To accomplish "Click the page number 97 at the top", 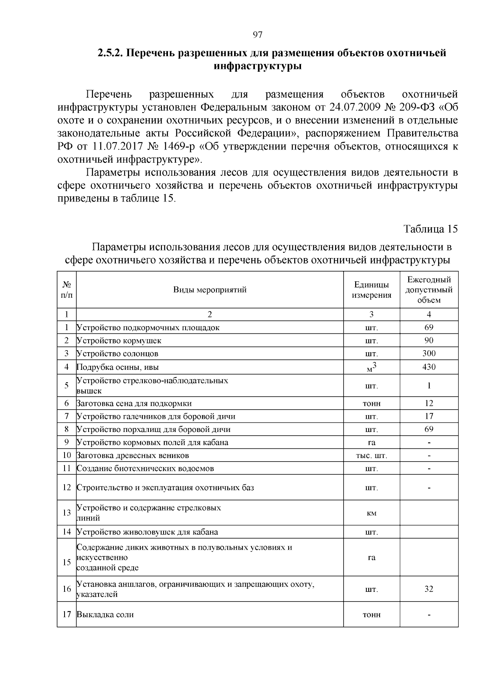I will (257, 35).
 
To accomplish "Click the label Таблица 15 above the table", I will (430, 229).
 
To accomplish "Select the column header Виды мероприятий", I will (210, 290).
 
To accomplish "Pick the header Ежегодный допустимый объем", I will (428, 290).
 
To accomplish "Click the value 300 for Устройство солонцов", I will (428, 353).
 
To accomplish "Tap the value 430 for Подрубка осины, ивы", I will (428, 367).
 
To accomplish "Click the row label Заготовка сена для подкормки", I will (134, 404).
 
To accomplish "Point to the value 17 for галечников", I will (428, 416).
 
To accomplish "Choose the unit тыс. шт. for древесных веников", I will (372, 456).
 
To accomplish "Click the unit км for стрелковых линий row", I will (372, 513).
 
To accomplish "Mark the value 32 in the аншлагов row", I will (428, 589).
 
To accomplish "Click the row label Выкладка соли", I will (105, 614).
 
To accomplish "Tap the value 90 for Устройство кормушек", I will (428, 341).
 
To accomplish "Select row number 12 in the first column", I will (67, 488).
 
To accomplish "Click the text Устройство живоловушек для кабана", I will (148, 532).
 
